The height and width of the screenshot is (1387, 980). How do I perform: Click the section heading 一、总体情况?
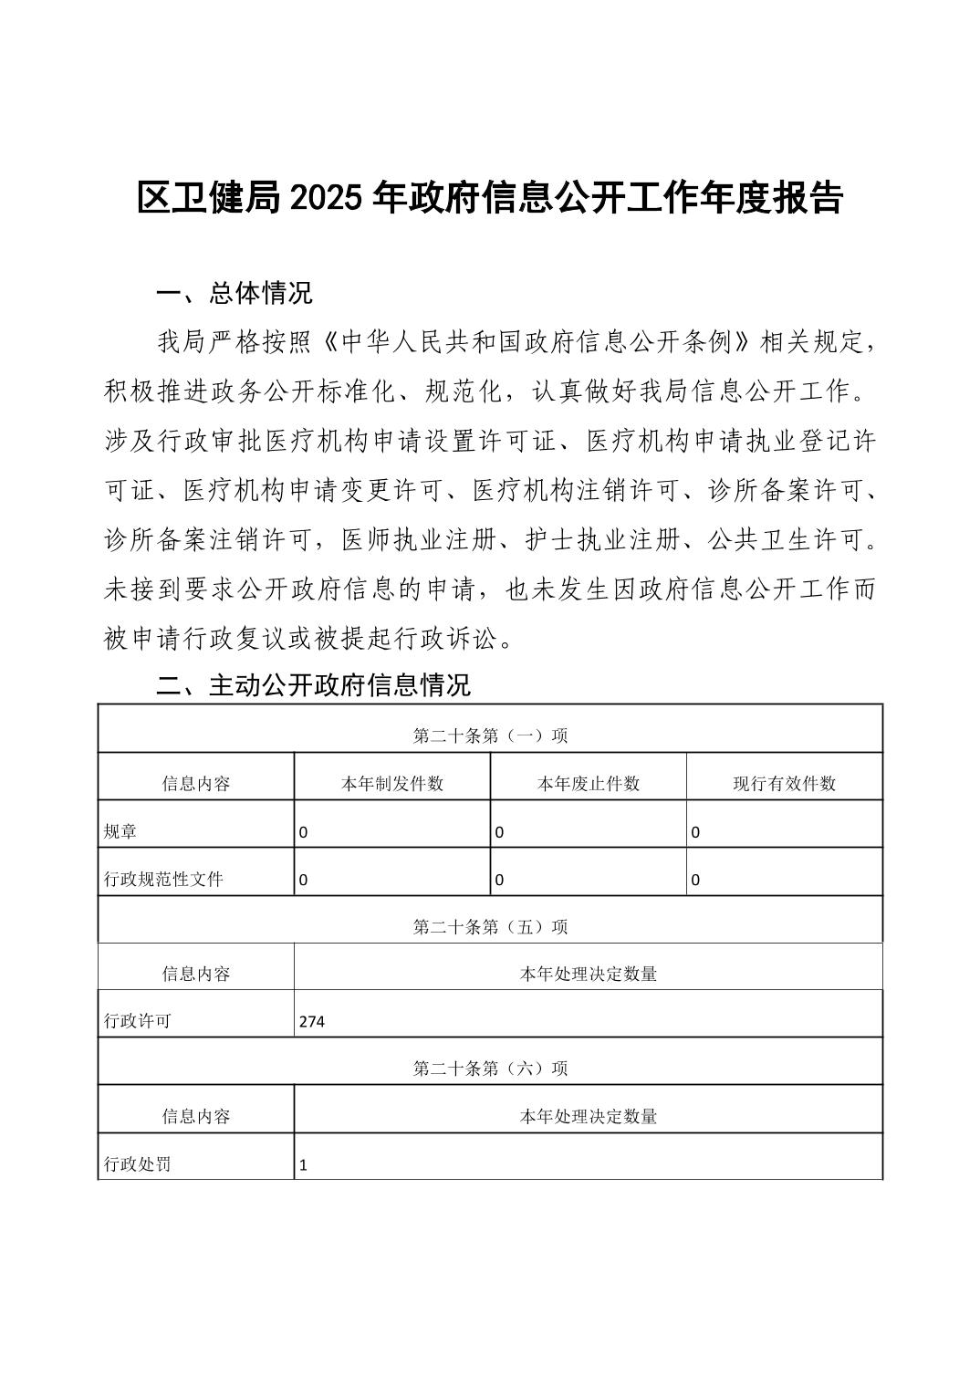pyautogui.click(x=235, y=293)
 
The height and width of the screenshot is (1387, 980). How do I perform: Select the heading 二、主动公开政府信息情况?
pyautogui.click(x=314, y=685)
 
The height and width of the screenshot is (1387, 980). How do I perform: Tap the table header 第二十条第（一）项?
pyautogui.click(x=490, y=735)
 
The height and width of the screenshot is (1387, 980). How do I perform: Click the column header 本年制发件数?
pyautogui.click(x=392, y=784)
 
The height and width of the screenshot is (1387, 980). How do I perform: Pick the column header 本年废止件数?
pyautogui.click(x=589, y=784)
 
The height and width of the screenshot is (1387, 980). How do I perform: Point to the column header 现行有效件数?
pyautogui.click(x=785, y=784)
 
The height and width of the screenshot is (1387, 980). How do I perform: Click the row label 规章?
pyautogui.click(x=121, y=831)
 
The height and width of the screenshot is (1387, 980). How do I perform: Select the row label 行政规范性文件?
pyautogui.click(x=163, y=880)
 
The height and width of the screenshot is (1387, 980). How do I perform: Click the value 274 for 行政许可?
pyautogui.click(x=312, y=1022)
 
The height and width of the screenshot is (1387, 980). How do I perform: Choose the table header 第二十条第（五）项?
pyautogui.click(x=490, y=927)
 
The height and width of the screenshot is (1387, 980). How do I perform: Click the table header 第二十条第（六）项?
pyautogui.click(x=490, y=1069)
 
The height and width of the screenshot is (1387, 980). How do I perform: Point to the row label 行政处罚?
pyautogui.click(x=138, y=1164)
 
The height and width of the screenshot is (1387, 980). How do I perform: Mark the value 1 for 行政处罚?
pyautogui.click(x=304, y=1165)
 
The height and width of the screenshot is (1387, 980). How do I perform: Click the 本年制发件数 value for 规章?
pyautogui.click(x=304, y=832)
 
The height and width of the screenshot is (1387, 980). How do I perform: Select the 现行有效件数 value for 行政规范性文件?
pyautogui.click(x=695, y=881)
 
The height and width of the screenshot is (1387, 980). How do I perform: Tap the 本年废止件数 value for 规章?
pyautogui.click(x=499, y=832)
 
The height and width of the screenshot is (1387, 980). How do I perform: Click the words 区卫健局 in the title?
pyautogui.click(x=209, y=198)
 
